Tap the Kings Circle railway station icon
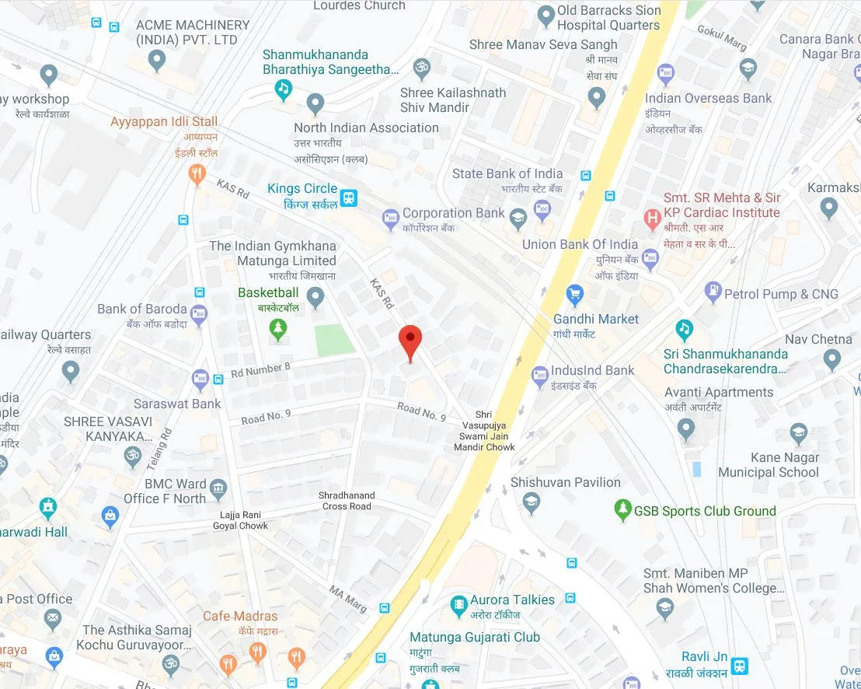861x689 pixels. point(350,197)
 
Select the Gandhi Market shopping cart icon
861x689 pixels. point(575,294)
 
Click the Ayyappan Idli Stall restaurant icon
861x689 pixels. point(197,173)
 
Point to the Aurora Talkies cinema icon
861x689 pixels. point(458,603)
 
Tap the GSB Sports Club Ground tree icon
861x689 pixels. point(622,510)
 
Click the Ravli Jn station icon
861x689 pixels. point(740,666)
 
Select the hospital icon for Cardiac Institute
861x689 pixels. point(653,217)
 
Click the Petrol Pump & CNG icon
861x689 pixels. point(713,293)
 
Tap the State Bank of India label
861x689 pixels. point(507,174)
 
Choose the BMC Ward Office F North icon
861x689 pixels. point(219,489)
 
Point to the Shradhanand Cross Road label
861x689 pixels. point(347,501)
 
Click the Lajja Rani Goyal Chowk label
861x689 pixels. point(240,520)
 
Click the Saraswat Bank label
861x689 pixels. point(177,404)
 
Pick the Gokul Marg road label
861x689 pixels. point(722,37)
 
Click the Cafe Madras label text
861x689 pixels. point(239,616)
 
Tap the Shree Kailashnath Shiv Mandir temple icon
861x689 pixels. point(422,68)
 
